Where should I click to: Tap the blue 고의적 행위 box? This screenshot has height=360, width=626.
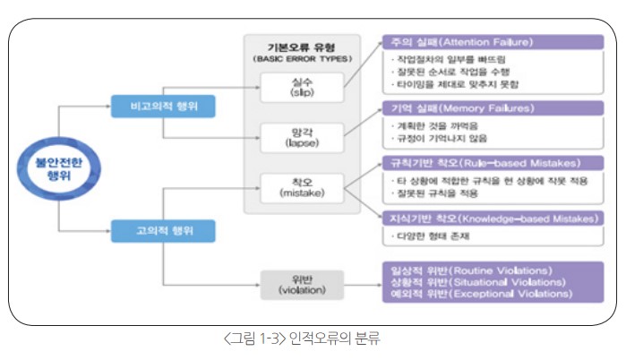(163, 230)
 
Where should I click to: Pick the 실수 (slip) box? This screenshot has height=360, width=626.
(296, 88)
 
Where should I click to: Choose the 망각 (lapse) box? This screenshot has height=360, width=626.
(296, 137)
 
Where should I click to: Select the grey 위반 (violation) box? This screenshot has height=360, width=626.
(296, 284)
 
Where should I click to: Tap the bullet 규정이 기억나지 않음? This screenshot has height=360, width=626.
(438, 140)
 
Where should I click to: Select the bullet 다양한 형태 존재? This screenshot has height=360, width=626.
(431, 236)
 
